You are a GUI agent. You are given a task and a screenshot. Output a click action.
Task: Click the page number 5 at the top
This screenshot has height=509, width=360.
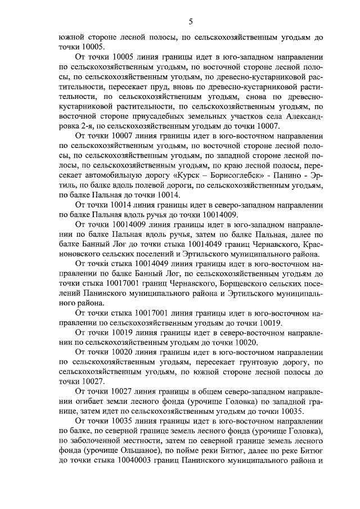[x=191, y=21]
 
